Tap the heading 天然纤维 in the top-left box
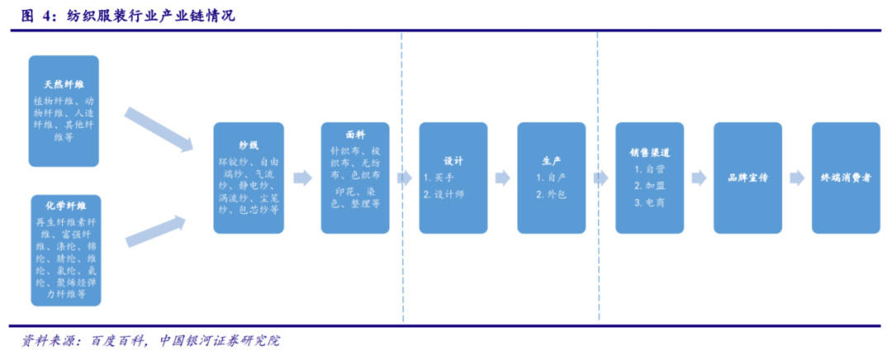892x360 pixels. click(x=64, y=84)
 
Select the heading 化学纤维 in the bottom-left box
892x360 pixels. click(x=64, y=205)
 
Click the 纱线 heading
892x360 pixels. click(x=249, y=144)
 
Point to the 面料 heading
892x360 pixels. click(x=356, y=133)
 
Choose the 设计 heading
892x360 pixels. click(x=453, y=159)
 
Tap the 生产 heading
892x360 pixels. click(x=551, y=159)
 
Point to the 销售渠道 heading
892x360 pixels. click(x=649, y=152)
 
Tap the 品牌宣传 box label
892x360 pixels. click(x=747, y=178)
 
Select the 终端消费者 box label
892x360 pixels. click(x=846, y=178)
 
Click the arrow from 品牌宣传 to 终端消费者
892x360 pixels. click(x=796, y=178)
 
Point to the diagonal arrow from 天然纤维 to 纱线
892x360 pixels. click(x=158, y=129)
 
